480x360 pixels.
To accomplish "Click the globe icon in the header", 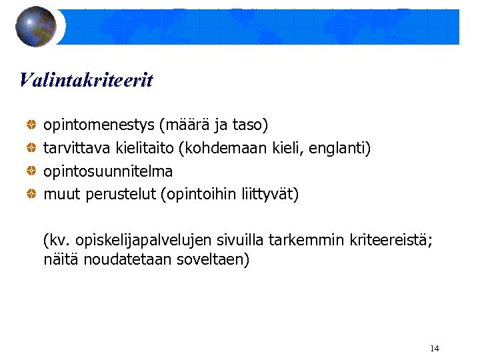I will pos(36,27).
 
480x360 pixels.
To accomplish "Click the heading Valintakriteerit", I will pos(86,81).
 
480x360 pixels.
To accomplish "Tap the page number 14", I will pos(435,349).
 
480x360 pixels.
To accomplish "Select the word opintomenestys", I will pos(99,125).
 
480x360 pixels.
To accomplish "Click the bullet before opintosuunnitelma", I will pos(31,171).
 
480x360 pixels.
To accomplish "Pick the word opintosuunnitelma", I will pos(108,171).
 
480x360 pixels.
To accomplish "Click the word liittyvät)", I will pos(272,195).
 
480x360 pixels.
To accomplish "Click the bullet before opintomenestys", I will pos(31,125).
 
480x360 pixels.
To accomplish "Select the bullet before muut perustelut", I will pos(31,195).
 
